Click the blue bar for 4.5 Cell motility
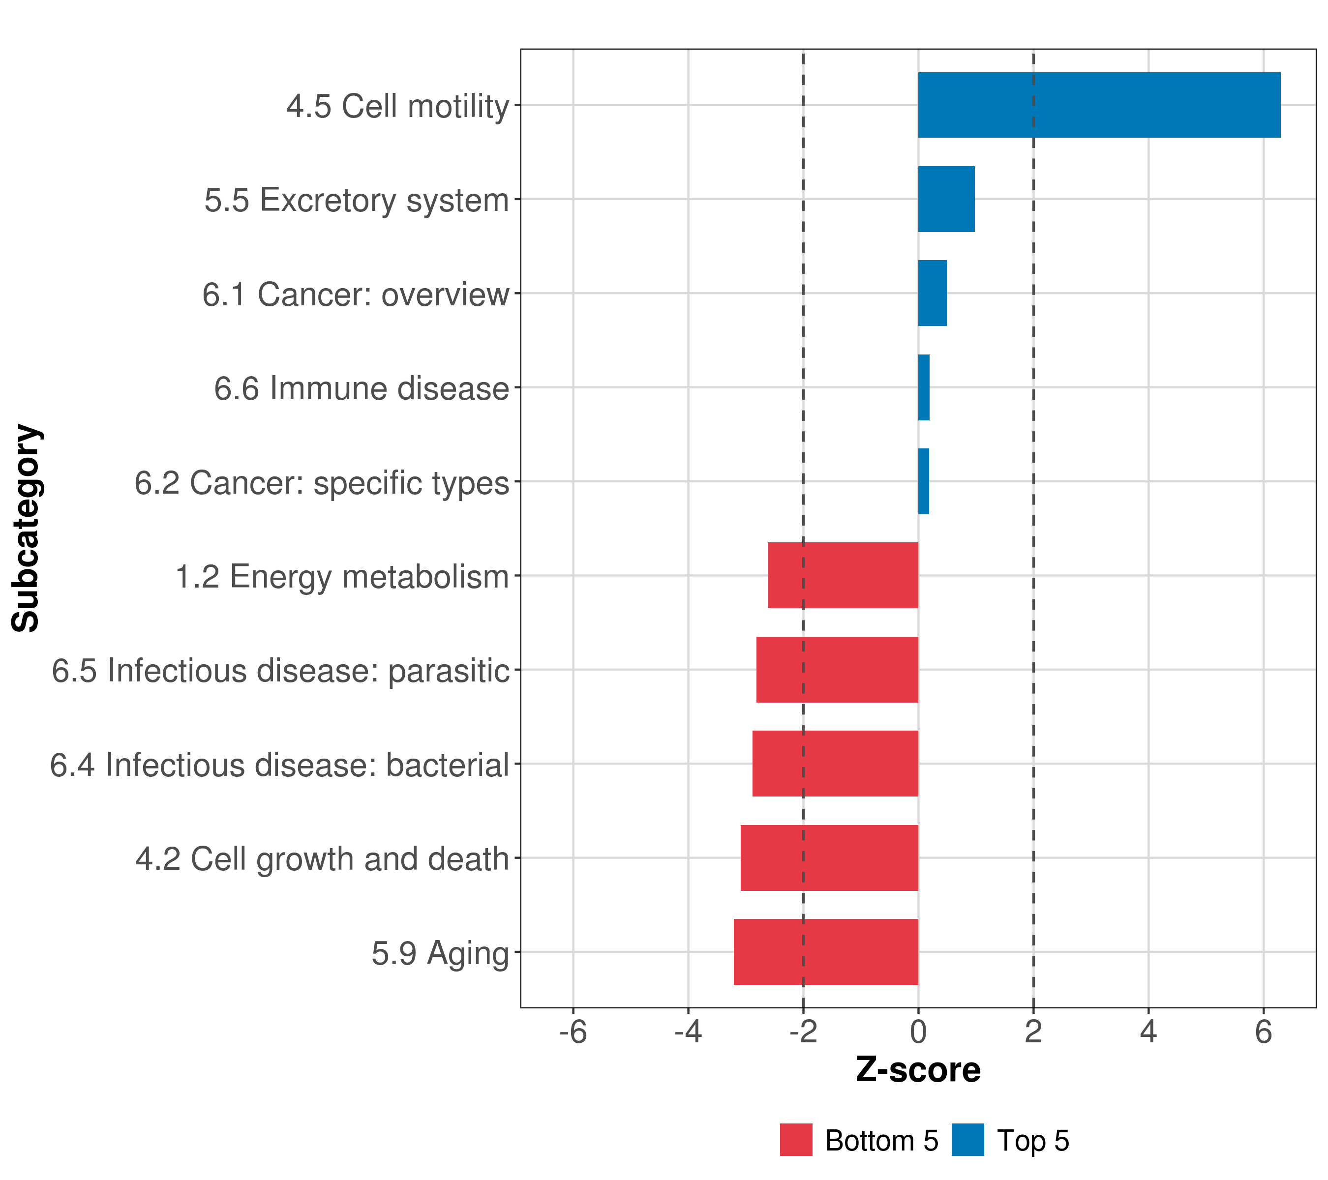1098,105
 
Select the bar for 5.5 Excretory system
946,200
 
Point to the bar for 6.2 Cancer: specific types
923,481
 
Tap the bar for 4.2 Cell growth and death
829,858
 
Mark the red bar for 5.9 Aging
826,952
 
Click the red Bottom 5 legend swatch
796,1140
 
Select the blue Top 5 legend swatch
967,1140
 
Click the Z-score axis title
918,1070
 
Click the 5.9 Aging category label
440,953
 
